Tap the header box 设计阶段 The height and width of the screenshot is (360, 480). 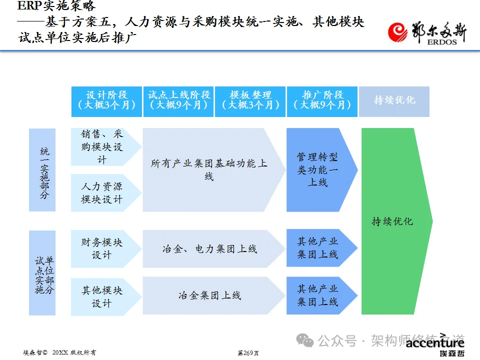click(x=106, y=101)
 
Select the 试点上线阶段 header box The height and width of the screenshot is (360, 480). click(x=178, y=101)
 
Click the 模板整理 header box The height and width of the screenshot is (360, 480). click(x=250, y=101)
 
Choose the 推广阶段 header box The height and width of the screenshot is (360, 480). click(x=322, y=101)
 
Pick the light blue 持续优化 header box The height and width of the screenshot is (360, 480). click(x=394, y=101)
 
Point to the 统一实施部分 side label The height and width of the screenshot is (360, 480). click(x=42, y=170)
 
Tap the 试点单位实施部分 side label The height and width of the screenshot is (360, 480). click(x=42, y=273)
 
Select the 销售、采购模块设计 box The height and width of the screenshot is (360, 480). click(x=102, y=147)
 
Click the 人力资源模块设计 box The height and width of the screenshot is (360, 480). click(x=102, y=193)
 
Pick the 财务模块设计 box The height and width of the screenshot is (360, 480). click(x=102, y=248)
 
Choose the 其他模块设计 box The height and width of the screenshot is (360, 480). click(x=102, y=296)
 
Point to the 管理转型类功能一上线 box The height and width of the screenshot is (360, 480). click(x=319, y=170)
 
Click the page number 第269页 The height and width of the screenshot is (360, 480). click(x=248, y=353)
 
